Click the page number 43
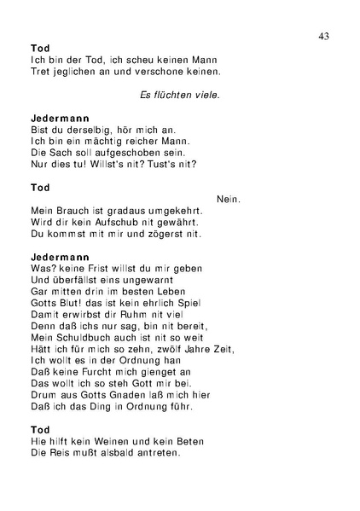[323, 35]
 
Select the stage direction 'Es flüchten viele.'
[180, 94]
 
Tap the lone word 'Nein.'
[229, 199]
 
